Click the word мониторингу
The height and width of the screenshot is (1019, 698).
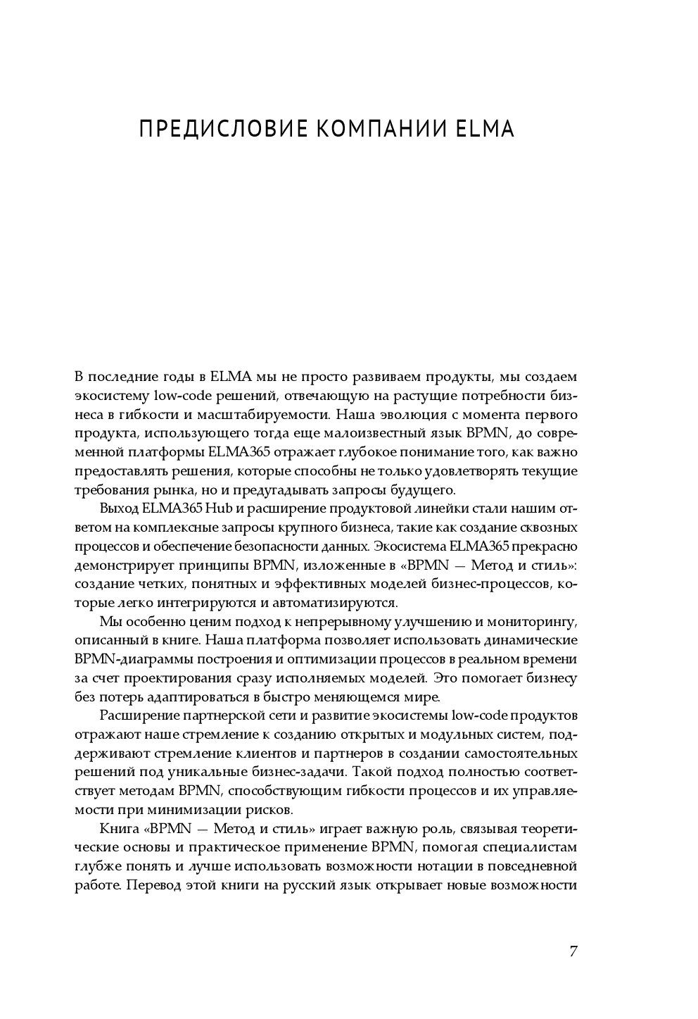click(534, 623)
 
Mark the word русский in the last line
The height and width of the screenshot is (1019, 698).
click(312, 885)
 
